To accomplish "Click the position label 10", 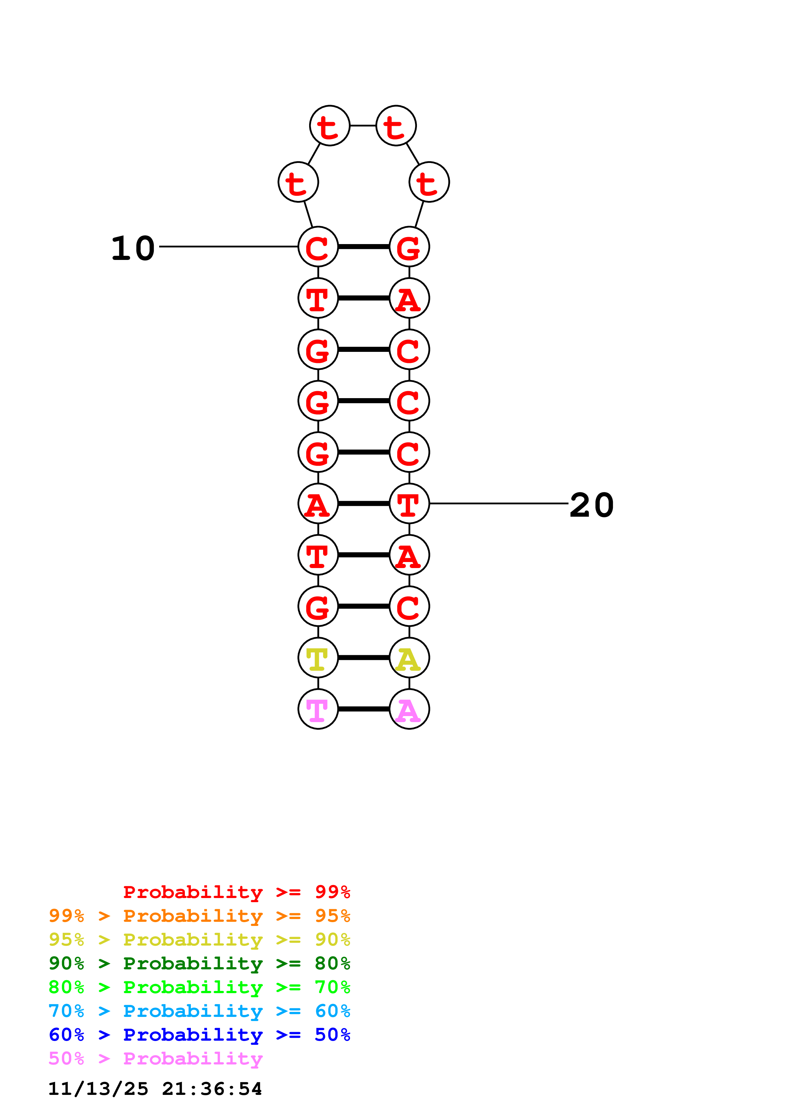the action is pos(133,249).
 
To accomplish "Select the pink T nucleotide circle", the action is pos(318,709).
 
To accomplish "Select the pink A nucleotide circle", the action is pos(409,709).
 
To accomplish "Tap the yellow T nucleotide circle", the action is pos(318,658).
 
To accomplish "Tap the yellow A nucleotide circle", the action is pos(409,658).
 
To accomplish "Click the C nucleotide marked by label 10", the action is pos(318,247).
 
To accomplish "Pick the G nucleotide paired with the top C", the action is pos(409,247).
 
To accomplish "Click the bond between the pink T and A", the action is pos(363,709).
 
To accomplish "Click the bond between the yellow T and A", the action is pos(363,658).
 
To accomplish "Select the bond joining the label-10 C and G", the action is pos(363,247).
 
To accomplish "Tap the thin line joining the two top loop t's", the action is pos(363,126).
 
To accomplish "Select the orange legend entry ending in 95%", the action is pos(199,916).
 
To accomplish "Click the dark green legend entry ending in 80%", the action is pos(199,963).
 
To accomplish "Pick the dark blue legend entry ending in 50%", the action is pos(199,1035).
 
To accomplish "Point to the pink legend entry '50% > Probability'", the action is pos(155,1059).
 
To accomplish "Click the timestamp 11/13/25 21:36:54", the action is pos(155,1089).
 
